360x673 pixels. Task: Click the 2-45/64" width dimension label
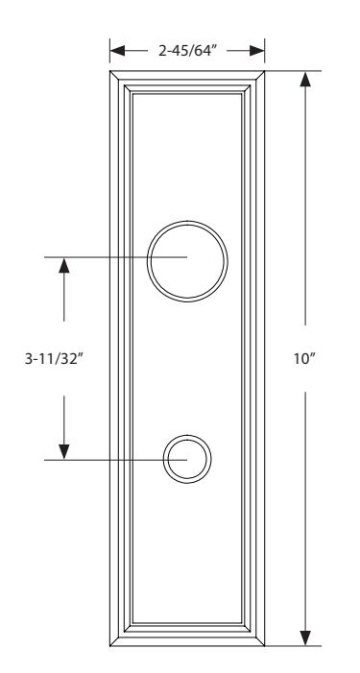click(x=186, y=51)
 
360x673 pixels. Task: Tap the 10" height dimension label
click(x=304, y=358)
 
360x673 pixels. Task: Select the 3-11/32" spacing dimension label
click(x=53, y=358)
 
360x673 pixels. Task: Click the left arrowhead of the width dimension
click(x=117, y=51)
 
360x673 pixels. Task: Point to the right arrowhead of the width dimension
click(x=257, y=51)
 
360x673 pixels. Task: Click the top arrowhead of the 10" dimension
click(x=305, y=79)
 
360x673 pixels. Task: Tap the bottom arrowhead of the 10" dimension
click(x=305, y=637)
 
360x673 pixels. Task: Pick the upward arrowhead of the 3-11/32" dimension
click(x=64, y=265)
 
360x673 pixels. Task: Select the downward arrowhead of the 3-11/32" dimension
click(x=64, y=452)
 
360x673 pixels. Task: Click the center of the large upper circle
click(x=187, y=261)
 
